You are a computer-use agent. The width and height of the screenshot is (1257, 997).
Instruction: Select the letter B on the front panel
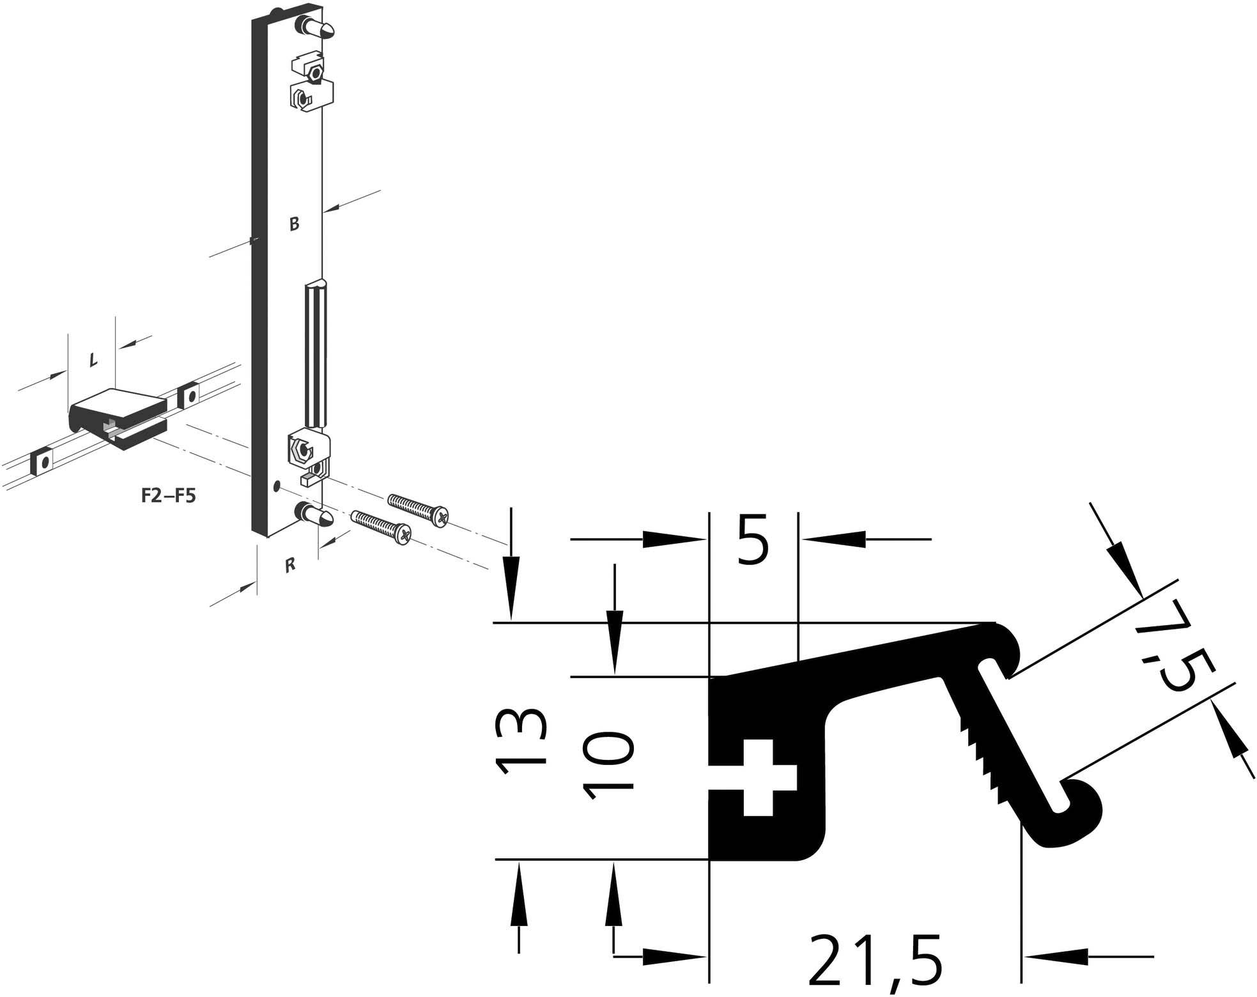294,224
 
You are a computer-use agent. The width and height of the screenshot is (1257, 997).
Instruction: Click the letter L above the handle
93,360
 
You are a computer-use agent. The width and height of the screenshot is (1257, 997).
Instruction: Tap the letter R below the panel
290,565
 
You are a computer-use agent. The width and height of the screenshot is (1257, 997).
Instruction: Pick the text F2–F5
168,495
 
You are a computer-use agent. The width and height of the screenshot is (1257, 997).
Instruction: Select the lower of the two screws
382,528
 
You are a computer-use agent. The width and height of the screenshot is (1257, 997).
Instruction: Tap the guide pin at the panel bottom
316,514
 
